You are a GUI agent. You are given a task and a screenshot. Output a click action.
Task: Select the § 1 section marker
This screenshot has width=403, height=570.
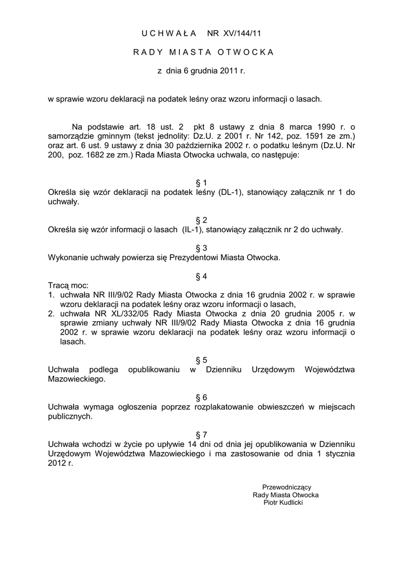(x=202, y=183)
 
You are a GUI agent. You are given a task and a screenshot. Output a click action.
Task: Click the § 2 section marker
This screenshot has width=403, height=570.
(x=202, y=220)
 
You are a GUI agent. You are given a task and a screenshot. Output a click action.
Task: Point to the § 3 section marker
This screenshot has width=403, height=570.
(x=202, y=248)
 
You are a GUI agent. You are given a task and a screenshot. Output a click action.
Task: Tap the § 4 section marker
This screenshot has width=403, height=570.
(x=202, y=277)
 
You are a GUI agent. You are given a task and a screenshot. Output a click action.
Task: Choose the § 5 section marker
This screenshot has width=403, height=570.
(x=202, y=360)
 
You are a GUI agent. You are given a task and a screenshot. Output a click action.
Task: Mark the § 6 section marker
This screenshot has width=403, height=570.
(x=202, y=397)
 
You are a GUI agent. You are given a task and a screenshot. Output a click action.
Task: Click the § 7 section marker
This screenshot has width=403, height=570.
(x=202, y=434)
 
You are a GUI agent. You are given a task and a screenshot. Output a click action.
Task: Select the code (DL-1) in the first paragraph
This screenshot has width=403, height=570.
(x=231, y=193)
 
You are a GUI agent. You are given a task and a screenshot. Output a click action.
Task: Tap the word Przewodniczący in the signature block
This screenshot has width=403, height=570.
(x=287, y=487)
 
